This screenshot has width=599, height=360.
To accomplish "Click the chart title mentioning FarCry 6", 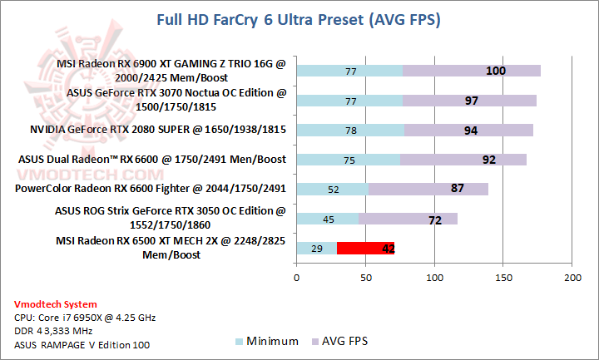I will coord(299,18).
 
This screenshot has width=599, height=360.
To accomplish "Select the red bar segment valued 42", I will coord(365,248).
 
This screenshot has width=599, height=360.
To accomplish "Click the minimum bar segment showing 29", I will coord(316,248).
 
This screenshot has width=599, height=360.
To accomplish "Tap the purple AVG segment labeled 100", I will coord(472,71).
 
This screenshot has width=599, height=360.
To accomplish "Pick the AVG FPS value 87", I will coord(457,189).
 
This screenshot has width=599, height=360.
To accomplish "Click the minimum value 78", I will coord(350,131).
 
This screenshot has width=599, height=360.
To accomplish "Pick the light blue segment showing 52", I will coord(333,189).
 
